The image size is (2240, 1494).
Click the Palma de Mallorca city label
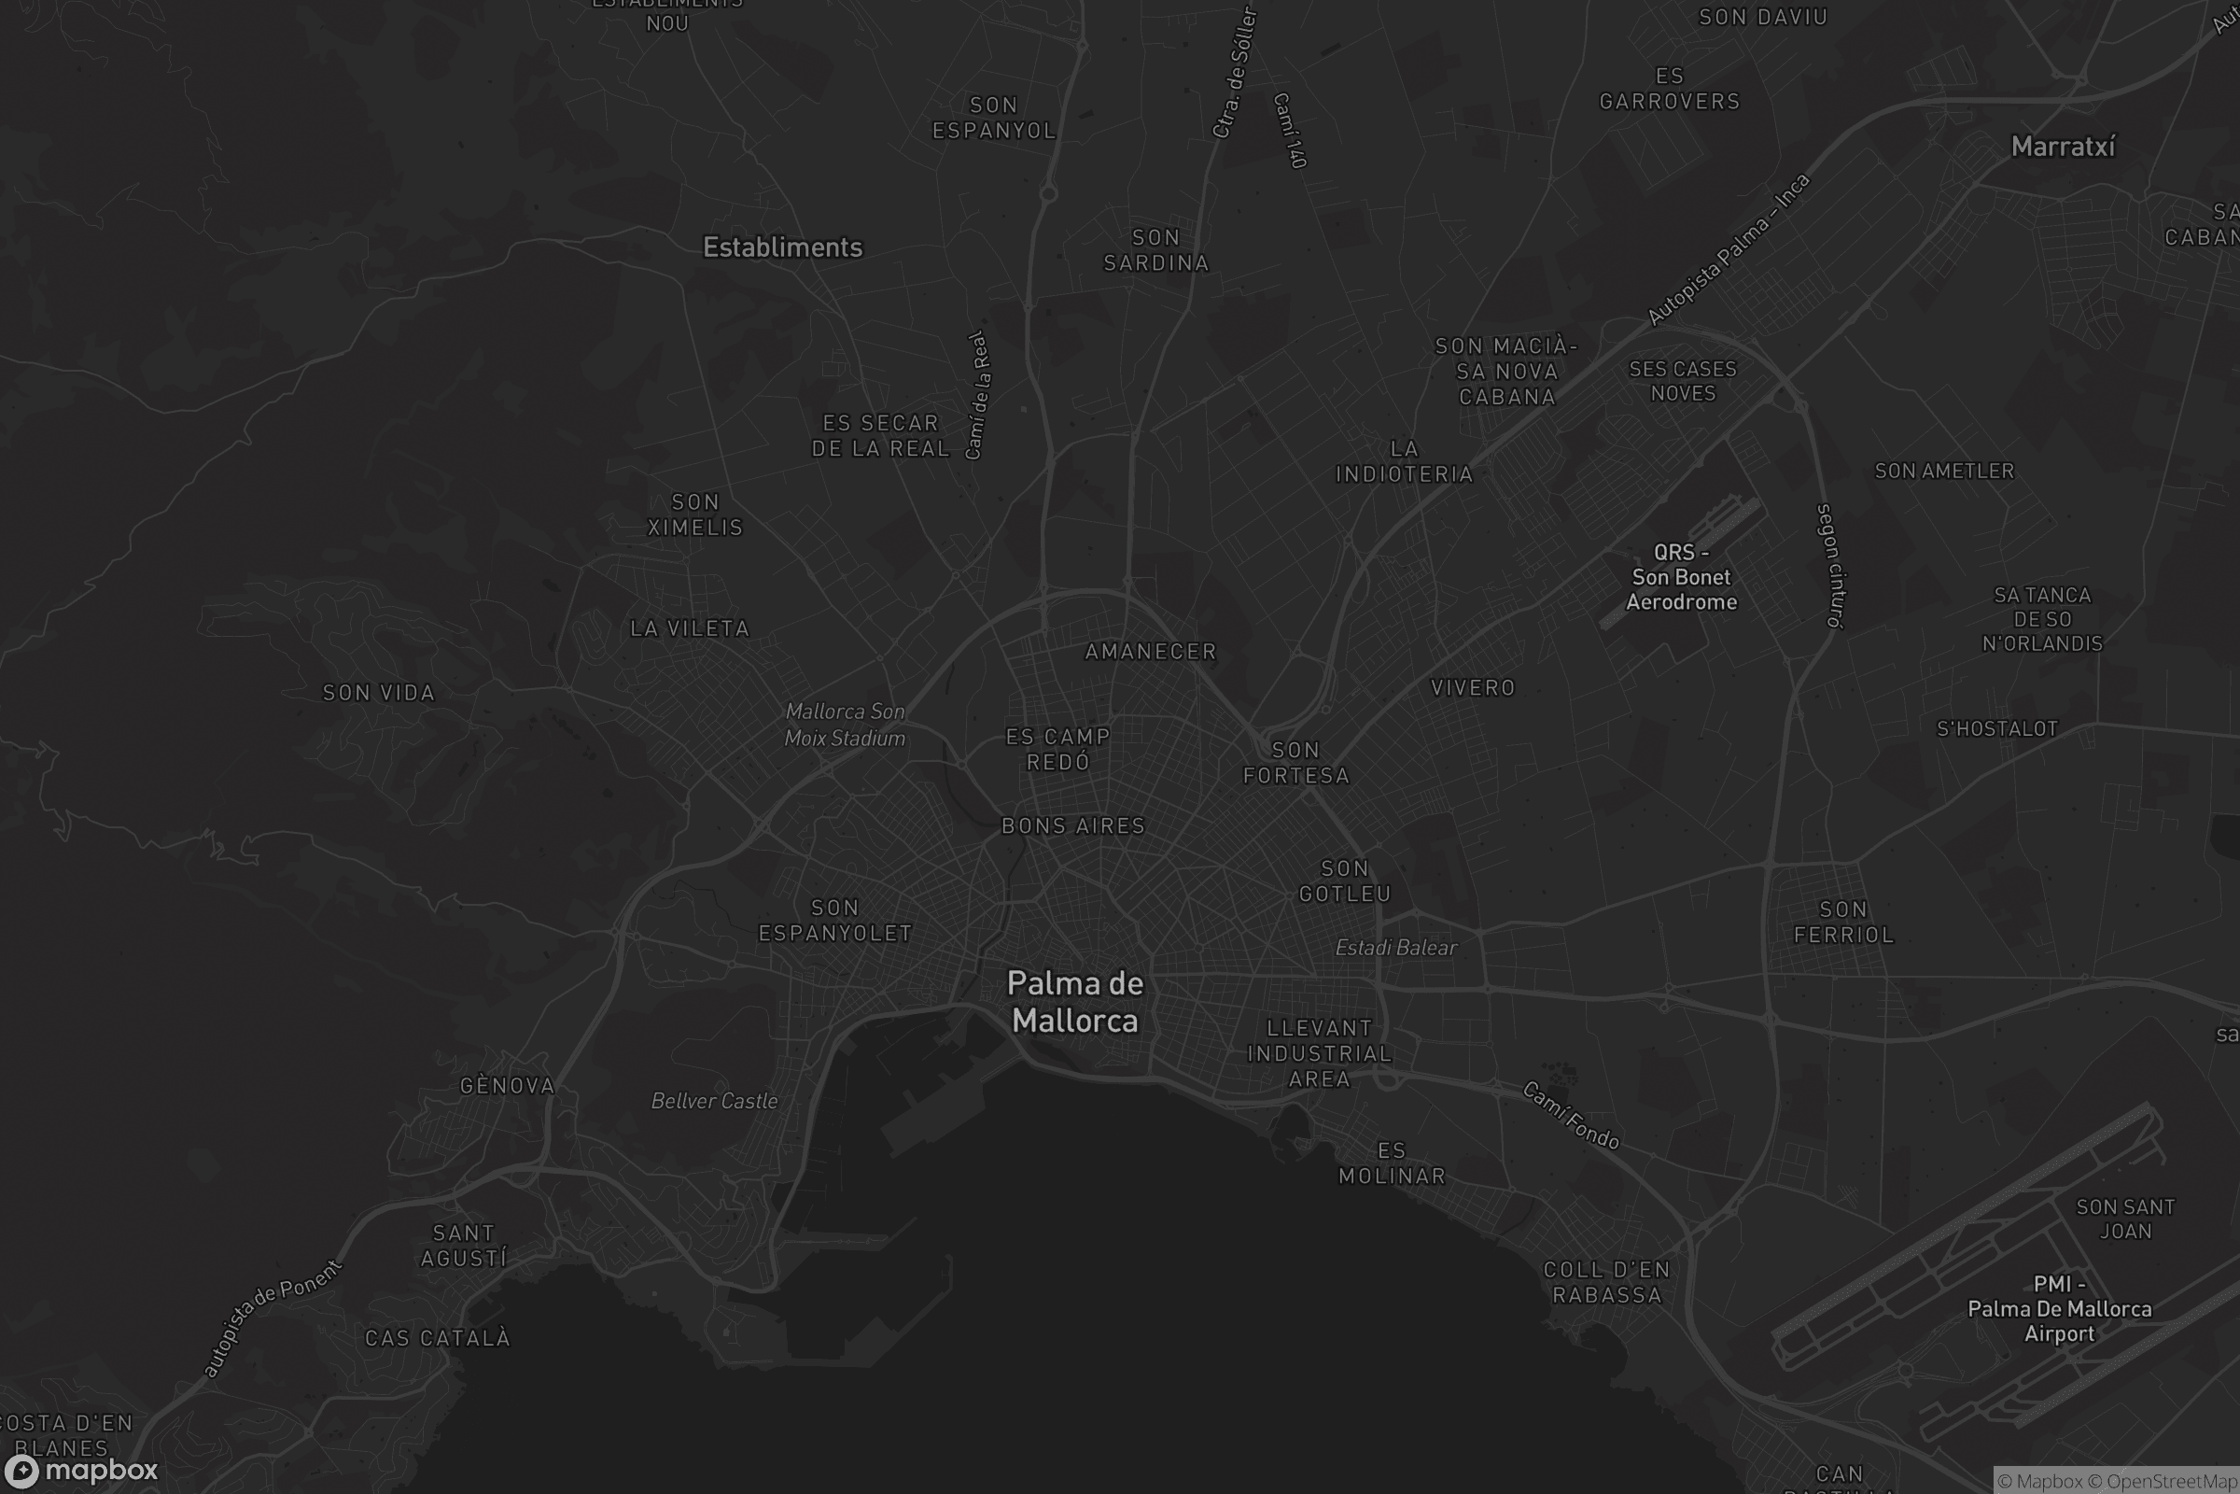(1075, 1002)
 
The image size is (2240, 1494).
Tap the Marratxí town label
(2063, 147)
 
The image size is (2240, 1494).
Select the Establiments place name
(783, 247)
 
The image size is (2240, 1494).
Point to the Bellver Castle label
(714, 1102)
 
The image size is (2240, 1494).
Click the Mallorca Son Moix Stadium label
(845, 726)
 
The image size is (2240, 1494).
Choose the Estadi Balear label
(1395, 948)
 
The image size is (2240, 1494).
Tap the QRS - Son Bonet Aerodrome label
(1681, 577)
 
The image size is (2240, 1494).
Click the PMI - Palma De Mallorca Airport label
(2059, 1309)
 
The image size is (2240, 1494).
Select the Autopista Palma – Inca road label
(1728, 249)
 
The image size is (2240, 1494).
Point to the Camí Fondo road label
(1571, 1116)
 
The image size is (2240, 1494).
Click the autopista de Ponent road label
(273, 1318)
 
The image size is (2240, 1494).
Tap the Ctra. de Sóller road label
(1235, 74)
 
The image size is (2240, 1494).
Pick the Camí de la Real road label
(978, 395)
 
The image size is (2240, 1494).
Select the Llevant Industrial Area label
(1319, 1054)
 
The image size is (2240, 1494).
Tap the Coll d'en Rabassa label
(1606, 1282)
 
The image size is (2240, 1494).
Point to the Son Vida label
(378, 694)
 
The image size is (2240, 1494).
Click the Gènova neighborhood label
(507, 1086)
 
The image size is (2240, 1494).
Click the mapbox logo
(80, 1470)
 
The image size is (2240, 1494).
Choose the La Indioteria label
(1405, 462)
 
